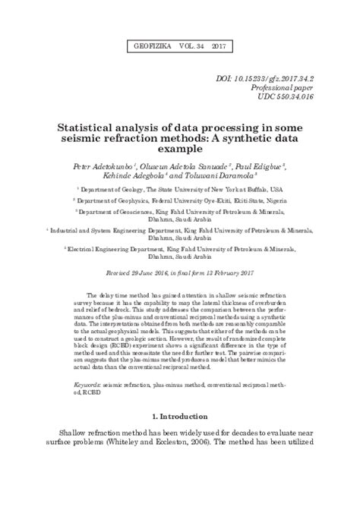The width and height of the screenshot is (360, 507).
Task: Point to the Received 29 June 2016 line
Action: pyautogui.click(x=180, y=271)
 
